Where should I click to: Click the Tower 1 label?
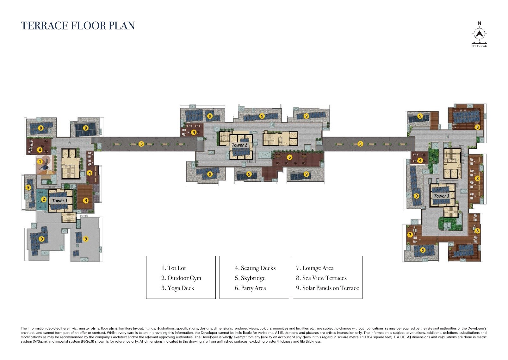coord(59,201)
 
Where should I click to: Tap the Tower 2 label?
coord(239,145)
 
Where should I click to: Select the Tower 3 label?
coord(441,196)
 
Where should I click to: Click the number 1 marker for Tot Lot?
coord(40,162)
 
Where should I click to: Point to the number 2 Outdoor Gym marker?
coord(44,199)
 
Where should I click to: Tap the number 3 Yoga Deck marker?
coord(86,200)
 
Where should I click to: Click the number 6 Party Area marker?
coord(289,157)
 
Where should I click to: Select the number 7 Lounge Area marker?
coord(410,235)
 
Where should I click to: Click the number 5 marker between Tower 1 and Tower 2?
coord(141,144)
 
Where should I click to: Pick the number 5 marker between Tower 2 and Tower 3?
coord(360,144)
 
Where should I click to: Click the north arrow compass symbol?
coord(479,34)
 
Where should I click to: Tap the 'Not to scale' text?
coord(479,46)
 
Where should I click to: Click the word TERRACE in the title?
coord(44,26)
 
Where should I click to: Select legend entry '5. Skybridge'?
coord(250,278)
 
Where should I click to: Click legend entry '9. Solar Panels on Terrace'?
coord(327,288)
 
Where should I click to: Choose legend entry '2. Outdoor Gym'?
coord(181,278)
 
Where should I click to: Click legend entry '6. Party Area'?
coord(250,288)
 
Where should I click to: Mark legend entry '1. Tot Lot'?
coord(173,268)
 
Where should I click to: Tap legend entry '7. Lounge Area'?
coord(315,268)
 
